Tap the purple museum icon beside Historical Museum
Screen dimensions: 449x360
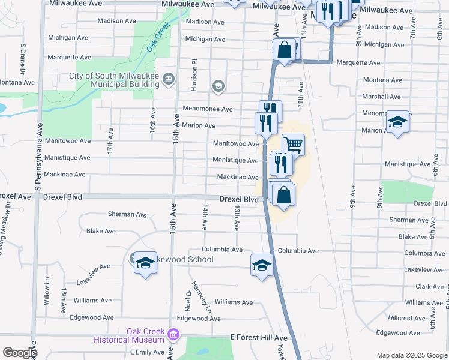pos(173,334)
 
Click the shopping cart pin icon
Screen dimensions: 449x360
pos(293,145)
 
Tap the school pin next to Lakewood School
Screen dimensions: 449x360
pos(145,263)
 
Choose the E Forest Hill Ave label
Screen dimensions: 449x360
pos(258,338)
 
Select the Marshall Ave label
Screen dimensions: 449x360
pos(381,97)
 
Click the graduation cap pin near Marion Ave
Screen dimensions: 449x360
pos(397,122)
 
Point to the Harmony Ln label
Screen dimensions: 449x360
pos(202,296)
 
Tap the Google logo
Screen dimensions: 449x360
pos(19,352)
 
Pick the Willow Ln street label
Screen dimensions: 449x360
pos(46,292)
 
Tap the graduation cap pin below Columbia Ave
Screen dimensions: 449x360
pos(262,265)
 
